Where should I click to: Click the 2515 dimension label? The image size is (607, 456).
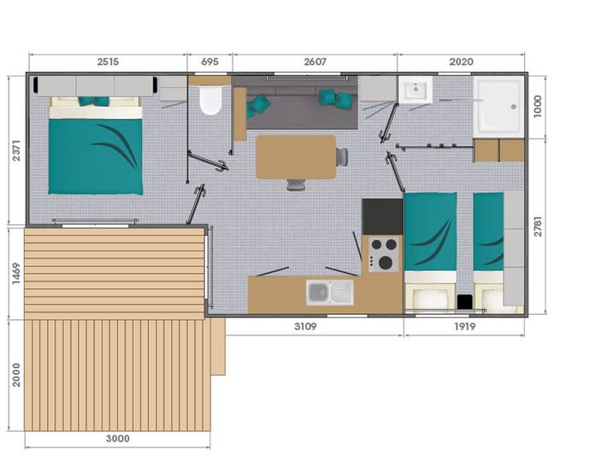(x=108, y=62)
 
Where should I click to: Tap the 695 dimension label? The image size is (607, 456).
(x=209, y=62)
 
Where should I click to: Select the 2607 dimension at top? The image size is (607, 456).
(x=315, y=62)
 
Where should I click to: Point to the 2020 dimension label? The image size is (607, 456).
(x=461, y=62)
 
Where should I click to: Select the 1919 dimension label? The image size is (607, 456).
(x=463, y=327)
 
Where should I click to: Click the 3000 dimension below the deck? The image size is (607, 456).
(x=117, y=439)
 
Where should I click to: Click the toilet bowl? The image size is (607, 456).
(x=209, y=100)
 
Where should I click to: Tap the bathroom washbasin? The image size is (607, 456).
(x=416, y=91)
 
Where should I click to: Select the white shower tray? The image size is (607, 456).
(x=498, y=107)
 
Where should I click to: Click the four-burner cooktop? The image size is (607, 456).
(x=384, y=254)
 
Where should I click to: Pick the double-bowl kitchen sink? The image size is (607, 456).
(x=330, y=292)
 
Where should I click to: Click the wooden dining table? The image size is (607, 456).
(x=296, y=157)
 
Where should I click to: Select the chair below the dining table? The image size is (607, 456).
(x=296, y=185)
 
